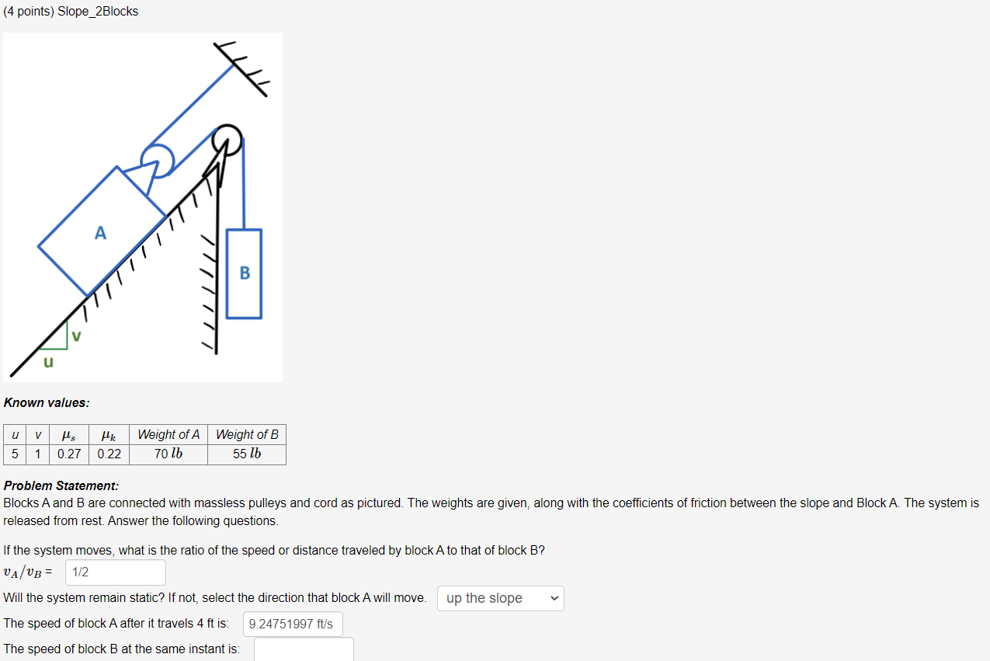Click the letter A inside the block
click(100, 232)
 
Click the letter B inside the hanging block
click(245, 273)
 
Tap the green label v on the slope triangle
click(76, 336)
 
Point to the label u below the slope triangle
click(48, 362)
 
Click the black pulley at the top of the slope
click(228, 141)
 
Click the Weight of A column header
click(168, 434)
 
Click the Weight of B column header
click(247, 434)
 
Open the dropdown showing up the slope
click(501, 598)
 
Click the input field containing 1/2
click(116, 572)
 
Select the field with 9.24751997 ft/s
click(293, 624)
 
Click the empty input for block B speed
click(304, 649)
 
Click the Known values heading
click(47, 402)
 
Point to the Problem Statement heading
click(61, 485)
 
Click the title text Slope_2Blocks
click(98, 12)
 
